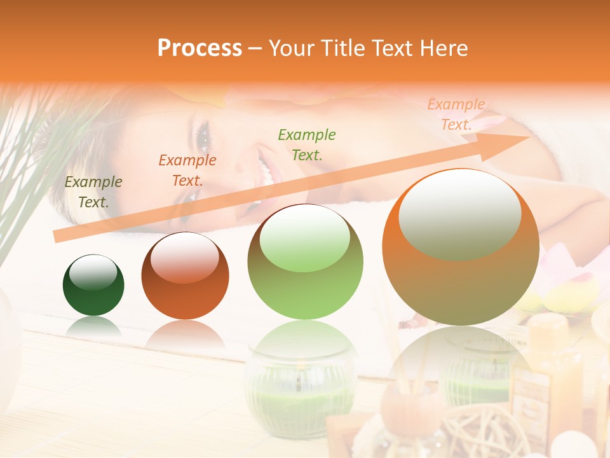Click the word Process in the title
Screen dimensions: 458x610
tap(200, 48)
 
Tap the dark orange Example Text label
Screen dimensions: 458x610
tap(187, 170)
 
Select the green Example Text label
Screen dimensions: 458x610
tap(307, 144)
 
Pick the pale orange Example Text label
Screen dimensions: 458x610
tap(456, 114)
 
